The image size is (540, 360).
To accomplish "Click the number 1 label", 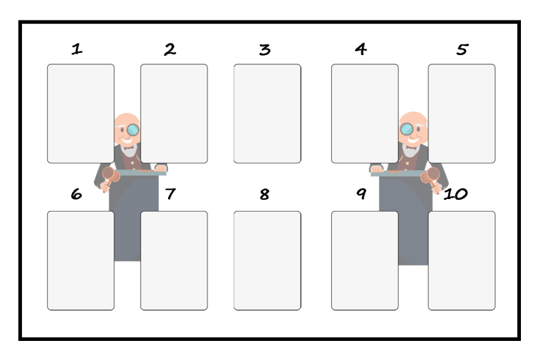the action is click(77, 49).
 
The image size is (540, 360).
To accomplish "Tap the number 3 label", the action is click(265, 49).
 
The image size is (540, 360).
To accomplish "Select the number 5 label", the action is click(462, 49).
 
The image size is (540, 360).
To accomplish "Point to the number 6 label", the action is click(76, 194).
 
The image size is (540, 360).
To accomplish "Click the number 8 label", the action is click(265, 194).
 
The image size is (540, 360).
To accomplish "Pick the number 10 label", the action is click(455, 194).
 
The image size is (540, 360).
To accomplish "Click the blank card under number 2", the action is click(174, 114).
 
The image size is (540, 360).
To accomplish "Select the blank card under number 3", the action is click(268, 114).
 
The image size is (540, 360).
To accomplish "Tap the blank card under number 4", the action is click(365, 114).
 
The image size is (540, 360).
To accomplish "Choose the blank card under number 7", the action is click(174, 260).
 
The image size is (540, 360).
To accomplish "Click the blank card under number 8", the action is click(268, 260).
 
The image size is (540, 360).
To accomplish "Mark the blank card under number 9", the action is click(365, 260).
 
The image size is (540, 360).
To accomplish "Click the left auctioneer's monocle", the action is click(133, 130).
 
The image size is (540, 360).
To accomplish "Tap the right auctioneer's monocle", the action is click(407, 129).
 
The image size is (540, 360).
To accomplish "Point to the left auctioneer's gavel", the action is click(110, 177).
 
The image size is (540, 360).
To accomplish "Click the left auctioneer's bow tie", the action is click(128, 148).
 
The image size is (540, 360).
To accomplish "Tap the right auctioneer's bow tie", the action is click(411, 148).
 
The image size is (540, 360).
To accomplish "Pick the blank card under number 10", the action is click(462, 260).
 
